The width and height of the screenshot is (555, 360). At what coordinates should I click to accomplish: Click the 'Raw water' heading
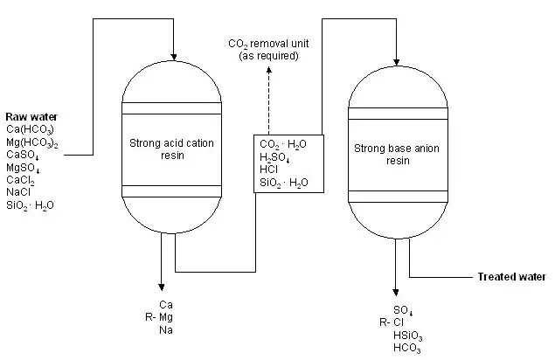pyautogui.click(x=31, y=117)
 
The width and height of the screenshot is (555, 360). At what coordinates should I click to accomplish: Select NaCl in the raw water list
pyautogui.click(x=18, y=192)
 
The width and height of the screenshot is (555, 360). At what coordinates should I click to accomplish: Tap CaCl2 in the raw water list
pyautogui.click(x=20, y=180)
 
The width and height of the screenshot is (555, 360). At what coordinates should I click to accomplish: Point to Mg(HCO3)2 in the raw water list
pyautogui.click(x=32, y=142)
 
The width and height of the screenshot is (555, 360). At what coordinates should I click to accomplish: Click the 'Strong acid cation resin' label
pyautogui.click(x=171, y=149)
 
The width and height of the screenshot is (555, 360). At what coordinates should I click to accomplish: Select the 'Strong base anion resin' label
pyautogui.click(x=397, y=155)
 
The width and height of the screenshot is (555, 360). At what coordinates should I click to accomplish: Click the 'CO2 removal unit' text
pyautogui.click(x=268, y=44)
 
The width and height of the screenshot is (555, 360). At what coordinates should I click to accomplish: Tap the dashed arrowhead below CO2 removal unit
pyautogui.click(x=269, y=70)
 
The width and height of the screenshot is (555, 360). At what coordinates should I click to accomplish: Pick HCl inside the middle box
pyautogui.click(x=268, y=170)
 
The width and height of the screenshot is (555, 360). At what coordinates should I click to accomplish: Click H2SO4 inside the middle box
pyautogui.click(x=274, y=157)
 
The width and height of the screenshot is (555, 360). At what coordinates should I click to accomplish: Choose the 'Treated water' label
pyautogui.click(x=512, y=277)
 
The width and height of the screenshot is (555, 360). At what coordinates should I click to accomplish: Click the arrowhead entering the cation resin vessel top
pyautogui.click(x=173, y=57)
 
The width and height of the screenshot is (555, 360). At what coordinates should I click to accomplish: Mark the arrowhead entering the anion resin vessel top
pyautogui.click(x=397, y=62)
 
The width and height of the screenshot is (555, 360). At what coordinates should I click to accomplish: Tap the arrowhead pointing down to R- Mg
pyautogui.click(x=162, y=287)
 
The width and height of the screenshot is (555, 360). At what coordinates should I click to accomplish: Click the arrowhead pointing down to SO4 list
pyautogui.click(x=396, y=293)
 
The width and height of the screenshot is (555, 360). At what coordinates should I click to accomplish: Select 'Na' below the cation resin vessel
pyautogui.click(x=166, y=330)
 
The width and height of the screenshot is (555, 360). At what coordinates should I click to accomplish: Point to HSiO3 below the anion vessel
pyautogui.click(x=408, y=336)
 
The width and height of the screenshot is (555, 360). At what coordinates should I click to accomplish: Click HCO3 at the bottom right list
pyautogui.click(x=407, y=349)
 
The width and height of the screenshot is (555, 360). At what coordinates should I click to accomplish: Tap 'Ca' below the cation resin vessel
pyautogui.click(x=166, y=305)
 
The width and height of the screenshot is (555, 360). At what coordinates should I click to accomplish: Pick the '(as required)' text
pyautogui.click(x=268, y=56)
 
